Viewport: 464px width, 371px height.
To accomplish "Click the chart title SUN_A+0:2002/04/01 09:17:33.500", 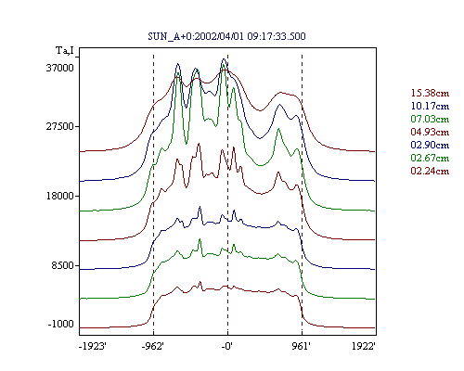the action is click(x=226, y=36).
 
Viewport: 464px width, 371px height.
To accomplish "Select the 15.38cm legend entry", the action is click(x=430, y=93).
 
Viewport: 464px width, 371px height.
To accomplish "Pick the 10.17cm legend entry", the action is click(x=430, y=106).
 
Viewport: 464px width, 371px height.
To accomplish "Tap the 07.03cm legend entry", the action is click(x=430, y=119).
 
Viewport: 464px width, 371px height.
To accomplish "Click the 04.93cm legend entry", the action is click(x=430, y=132).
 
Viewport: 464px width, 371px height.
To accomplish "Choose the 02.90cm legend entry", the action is click(x=430, y=145).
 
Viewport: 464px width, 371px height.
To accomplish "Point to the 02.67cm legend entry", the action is click(x=430, y=158).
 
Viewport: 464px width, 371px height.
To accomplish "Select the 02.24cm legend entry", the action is click(x=430, y=171).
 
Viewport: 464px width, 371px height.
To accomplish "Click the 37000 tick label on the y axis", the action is click(x=60, y=68).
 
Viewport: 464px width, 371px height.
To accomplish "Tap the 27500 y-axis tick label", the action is click(x=60, y=126).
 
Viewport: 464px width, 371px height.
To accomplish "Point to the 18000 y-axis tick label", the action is click(x=60, y=196).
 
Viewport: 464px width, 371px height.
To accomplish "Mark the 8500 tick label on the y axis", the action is click(x=63, y=265).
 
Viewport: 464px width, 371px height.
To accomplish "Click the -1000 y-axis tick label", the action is click(x=61, y=324).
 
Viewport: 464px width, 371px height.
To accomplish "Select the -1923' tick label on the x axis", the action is click(x=93, y=346).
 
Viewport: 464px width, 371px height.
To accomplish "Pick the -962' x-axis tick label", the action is click(x=153, y=346).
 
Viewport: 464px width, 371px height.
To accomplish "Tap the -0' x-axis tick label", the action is click(x=226, y=346).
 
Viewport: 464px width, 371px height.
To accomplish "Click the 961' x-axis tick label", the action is click(x=301, y=346).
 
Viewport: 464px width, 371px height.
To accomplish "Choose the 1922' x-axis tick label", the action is click(x=364, y=346).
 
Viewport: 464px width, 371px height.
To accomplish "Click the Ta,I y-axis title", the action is click(x=65, y=50).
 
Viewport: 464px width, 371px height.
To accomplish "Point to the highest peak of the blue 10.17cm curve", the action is click(x=224, y=58).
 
